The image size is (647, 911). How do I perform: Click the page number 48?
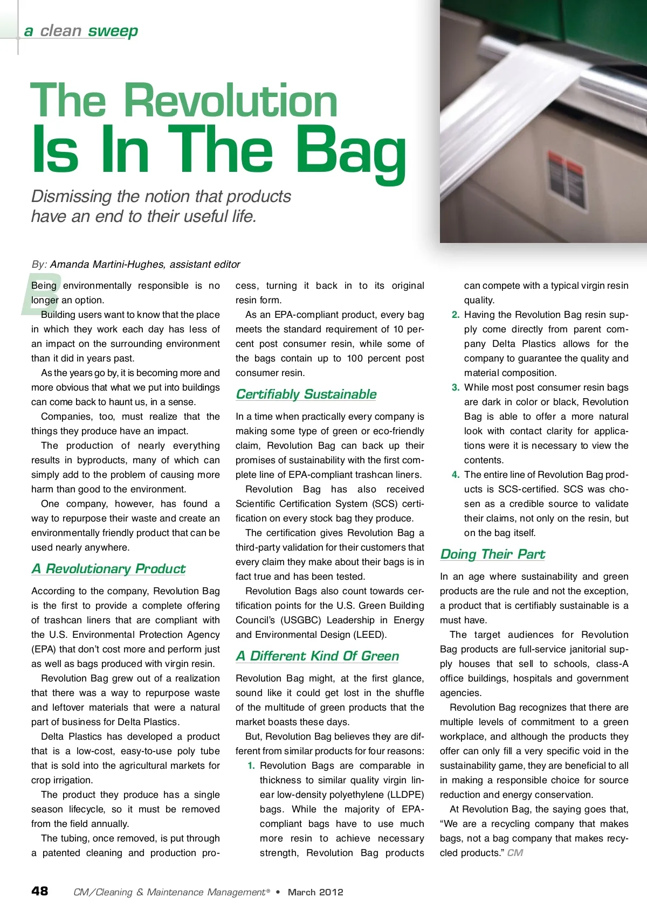click(39, 891)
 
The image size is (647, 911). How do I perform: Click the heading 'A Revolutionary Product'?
click(108, 569)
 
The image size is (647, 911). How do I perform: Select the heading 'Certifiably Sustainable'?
click(306, 394)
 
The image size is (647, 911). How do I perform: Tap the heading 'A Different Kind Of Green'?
click(317, 656)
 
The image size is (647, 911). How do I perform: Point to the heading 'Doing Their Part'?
click(492, 554)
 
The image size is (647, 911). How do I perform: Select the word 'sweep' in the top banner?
click(113, 31)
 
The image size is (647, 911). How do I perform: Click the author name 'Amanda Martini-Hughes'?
click(107, 265)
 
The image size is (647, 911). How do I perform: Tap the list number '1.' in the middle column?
click(251, 766)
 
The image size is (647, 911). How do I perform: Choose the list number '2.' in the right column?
click(456, 315)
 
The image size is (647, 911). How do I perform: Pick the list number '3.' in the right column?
click(456, 387)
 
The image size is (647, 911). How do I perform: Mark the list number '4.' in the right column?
click(456, 475)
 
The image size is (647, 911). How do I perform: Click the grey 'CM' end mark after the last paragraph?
click(515, 853)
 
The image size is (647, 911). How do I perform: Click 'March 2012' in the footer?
click(315, 892)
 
